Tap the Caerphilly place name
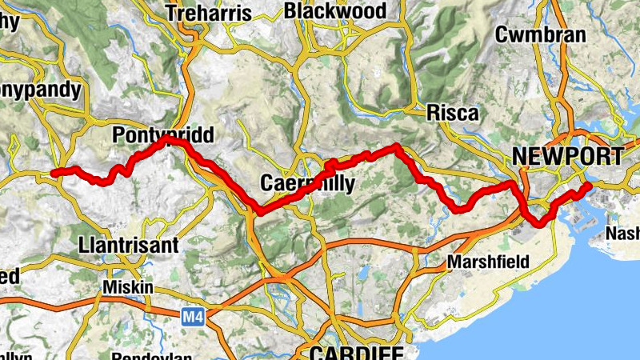[x=307, y=184]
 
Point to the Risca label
[x=453, y=113]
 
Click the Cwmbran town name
[x=541, y=35]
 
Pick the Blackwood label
[x=334, y=11]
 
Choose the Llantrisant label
[x=130, y=245]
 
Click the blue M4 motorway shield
[x=190, y=318]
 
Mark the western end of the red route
[x=54, y=173]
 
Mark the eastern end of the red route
[x=588, y=186]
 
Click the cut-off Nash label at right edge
[x=623, y=233]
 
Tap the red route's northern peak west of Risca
[x=395, y=146]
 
